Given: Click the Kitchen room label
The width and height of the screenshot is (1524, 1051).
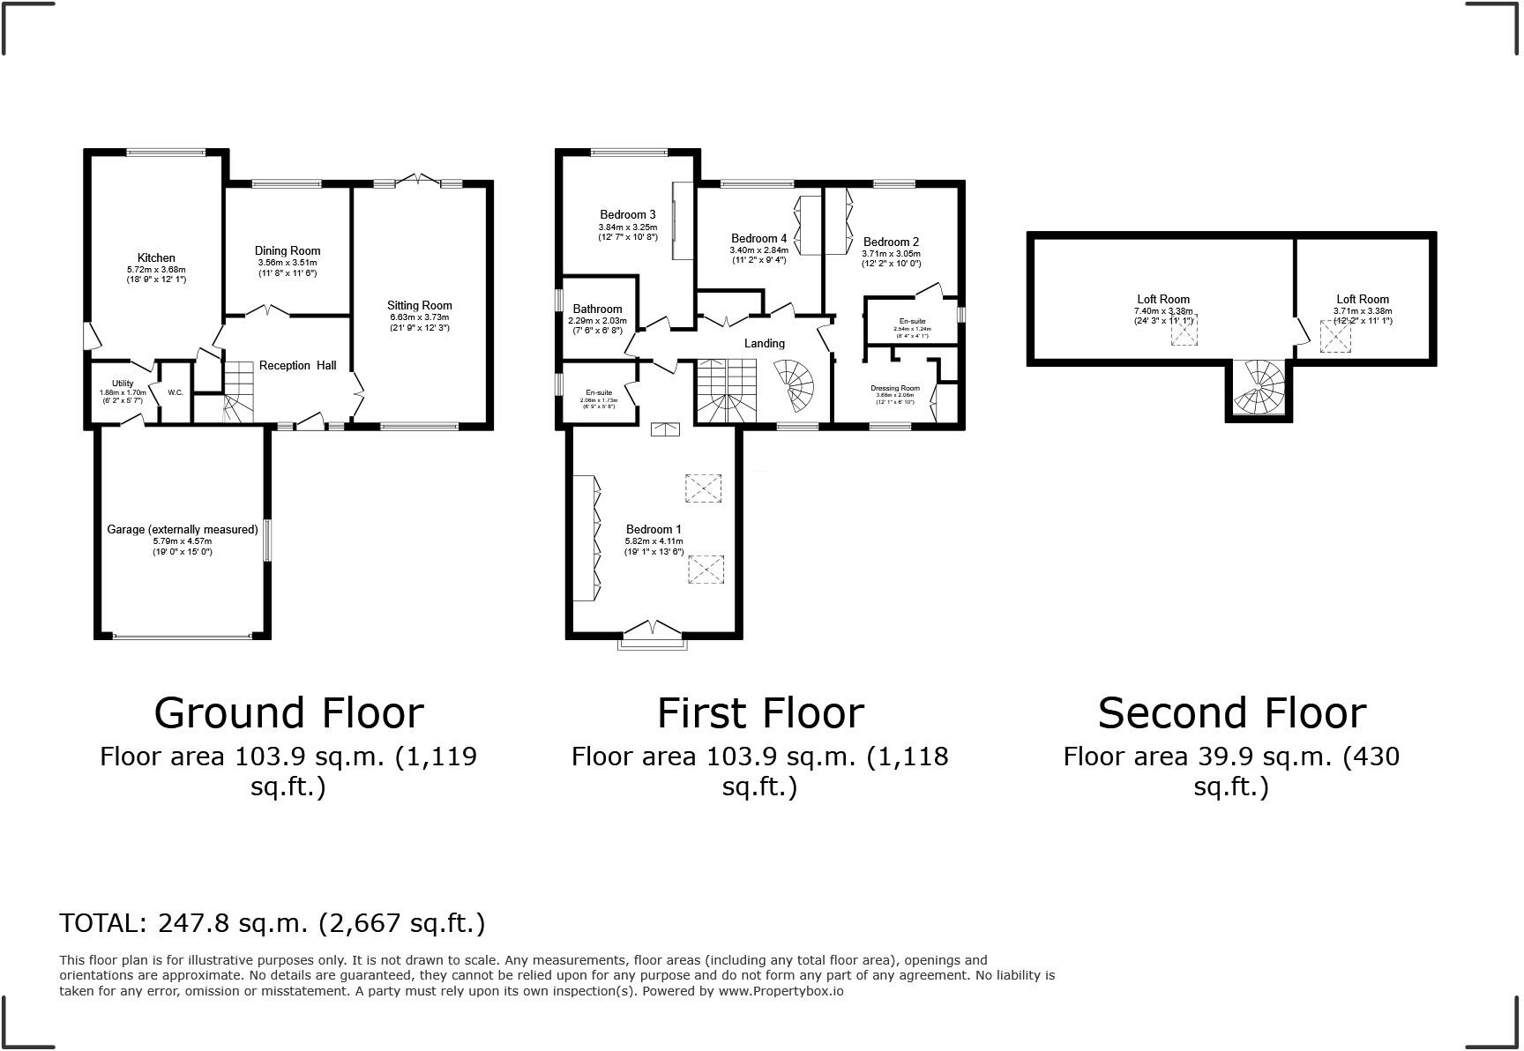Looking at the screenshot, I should pos(156,258).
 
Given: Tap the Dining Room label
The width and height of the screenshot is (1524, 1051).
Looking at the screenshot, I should pos(288,251).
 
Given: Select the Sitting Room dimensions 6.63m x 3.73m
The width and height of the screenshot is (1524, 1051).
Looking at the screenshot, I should pos(419,317).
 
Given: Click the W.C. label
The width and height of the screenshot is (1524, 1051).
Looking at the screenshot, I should pos(175,392).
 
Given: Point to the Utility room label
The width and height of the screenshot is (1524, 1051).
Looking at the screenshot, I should pos(123,384).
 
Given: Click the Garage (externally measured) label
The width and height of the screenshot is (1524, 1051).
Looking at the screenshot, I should pos(183,529).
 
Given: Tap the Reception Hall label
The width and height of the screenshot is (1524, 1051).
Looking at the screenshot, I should pos(297,366).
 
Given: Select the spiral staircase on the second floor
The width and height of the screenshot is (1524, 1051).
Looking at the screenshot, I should pos(1259,389).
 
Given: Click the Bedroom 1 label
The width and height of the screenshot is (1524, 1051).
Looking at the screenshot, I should pos(654,529).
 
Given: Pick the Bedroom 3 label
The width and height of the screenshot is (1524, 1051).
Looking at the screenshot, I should pos(627,214).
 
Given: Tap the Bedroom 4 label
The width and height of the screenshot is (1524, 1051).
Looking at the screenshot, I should pos(758,238).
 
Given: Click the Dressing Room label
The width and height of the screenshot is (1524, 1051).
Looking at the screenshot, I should pos(894,388).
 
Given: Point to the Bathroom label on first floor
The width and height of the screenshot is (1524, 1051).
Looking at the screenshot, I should pos(597,309).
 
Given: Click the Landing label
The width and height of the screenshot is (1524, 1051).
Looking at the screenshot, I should pos(764,344).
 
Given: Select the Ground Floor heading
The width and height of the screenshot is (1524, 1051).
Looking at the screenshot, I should pos(288,712).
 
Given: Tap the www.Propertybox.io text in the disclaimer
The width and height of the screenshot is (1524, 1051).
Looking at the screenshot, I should pos(780,991).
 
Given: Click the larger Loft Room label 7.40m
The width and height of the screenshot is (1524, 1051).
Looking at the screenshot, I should pos(1162,300).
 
